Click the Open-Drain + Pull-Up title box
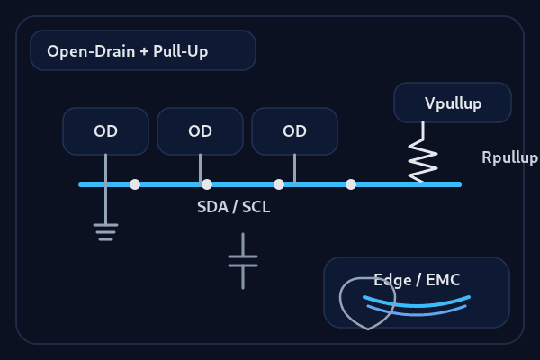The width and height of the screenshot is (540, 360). point(143,50)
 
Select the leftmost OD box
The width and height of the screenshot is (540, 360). point(105,131)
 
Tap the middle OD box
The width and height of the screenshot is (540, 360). point(200,131)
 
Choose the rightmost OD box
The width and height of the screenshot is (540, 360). point(294,131)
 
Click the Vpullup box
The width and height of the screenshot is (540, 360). point(453,103)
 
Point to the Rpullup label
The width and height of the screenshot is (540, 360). point(508,158)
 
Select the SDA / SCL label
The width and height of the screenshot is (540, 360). point(233,207)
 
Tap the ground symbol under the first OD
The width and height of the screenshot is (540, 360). point(105,232)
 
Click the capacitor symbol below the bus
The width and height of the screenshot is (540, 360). point(243,261)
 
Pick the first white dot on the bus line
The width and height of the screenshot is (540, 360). point(135,184)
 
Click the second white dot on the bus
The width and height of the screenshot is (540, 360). point(207,184)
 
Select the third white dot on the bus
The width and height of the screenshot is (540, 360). point(279,184)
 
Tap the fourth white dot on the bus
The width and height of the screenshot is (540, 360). point(351,184)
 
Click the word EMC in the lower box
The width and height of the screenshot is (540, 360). point(443,280)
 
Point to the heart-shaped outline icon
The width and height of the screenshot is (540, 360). point(367,303)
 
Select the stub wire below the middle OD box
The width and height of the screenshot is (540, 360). point(200,168)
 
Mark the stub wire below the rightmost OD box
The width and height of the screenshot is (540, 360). point(294,168)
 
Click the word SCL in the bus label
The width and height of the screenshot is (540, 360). point(256,207)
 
